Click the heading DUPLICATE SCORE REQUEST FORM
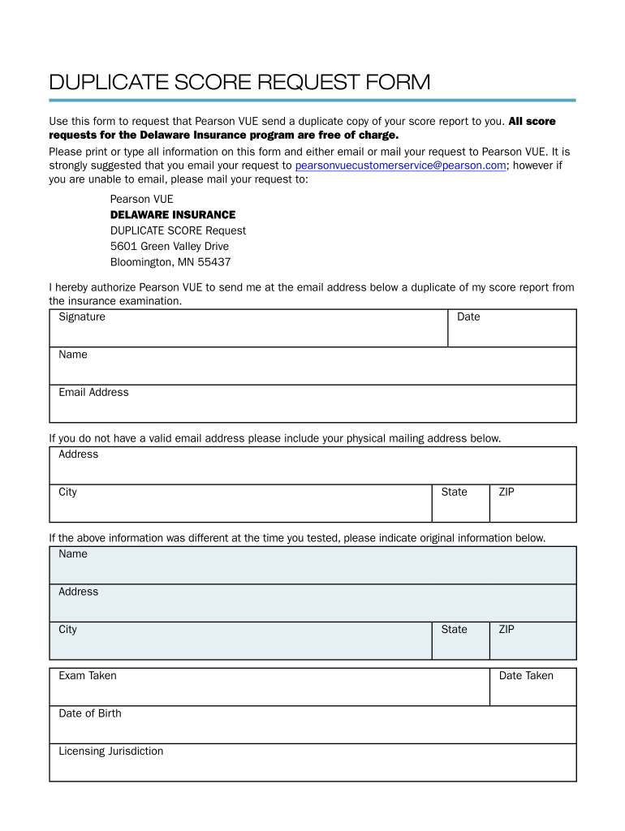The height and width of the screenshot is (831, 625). (239, 83)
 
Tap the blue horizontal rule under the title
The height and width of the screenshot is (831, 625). (312, 101)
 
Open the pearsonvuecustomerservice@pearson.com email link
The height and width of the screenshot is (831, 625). (401, 165)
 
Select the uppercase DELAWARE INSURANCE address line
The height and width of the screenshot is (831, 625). (173, 215)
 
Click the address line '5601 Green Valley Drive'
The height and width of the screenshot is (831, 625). (170, 246)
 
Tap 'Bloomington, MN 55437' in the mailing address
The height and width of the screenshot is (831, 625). (170, 262)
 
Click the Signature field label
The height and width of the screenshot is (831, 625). (82, 316)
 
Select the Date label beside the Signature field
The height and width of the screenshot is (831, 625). (468, 316)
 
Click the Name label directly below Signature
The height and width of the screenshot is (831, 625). (73, 355)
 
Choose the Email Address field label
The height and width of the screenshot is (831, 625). (93, 392)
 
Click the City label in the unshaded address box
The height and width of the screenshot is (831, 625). (67, 492)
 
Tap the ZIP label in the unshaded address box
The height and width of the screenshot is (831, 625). (506, 492)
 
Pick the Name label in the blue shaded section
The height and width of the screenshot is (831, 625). (73, 554)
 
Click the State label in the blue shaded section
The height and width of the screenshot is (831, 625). (454, 630)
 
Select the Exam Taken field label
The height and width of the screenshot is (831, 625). (88, 675)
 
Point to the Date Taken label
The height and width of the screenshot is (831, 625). (526, 675)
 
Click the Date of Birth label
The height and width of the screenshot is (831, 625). (90, 713)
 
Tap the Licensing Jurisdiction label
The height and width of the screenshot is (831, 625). (110, 751)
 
